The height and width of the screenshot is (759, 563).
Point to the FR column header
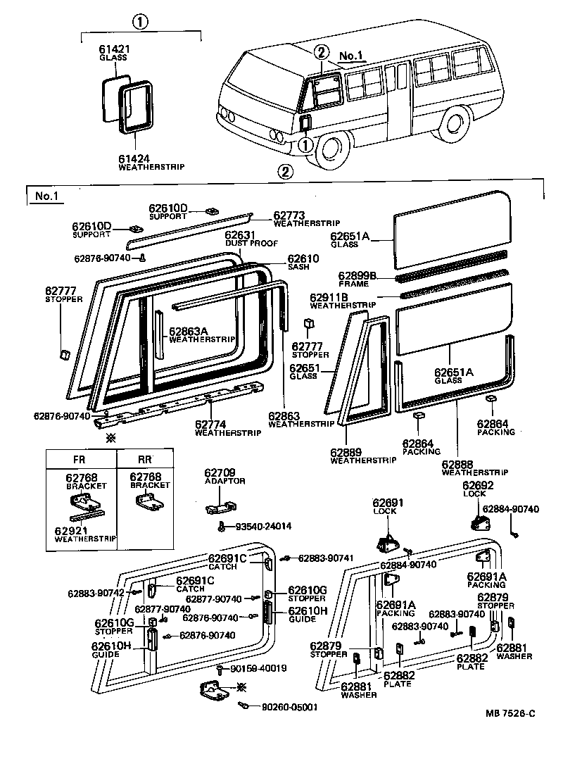(x=80, y=458)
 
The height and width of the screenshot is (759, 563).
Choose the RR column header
(x=144, y=458)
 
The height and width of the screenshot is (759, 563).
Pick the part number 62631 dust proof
(x=240, y=235)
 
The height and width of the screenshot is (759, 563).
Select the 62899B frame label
(x=357, y=275)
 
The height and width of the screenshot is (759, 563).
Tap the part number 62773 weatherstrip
(x=289, y=215)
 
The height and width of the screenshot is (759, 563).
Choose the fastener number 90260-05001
(x=284, y=707)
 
